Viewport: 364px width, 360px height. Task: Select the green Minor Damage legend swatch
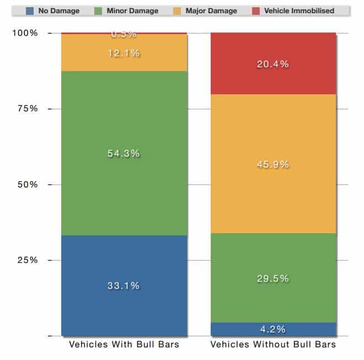click(x=99, y=10)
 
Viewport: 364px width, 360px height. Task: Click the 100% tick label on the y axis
click(x=25, y=33)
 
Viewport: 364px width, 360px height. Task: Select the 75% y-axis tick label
click(x=26, y=109)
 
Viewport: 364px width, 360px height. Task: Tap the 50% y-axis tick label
click(x=26, y=184)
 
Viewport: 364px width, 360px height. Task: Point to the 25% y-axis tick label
click(x=26, y=260)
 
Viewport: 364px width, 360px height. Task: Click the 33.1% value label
click(x=124, y=286)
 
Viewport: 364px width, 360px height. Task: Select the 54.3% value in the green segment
click(x=124, y=154)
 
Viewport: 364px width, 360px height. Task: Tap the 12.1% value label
click(x=124, y=53)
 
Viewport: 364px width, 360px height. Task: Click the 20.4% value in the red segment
click(x=273, y=64)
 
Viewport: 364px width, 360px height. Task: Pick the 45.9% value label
click(x=273, y=164)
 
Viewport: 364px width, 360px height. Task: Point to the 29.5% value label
click(x=273, y=278)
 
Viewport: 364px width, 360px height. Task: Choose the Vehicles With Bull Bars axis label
click(x=124, y=345)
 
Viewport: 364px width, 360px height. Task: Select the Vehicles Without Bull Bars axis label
click(x=273, y=345)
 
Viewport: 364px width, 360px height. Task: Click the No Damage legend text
click(x=58, y=10)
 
